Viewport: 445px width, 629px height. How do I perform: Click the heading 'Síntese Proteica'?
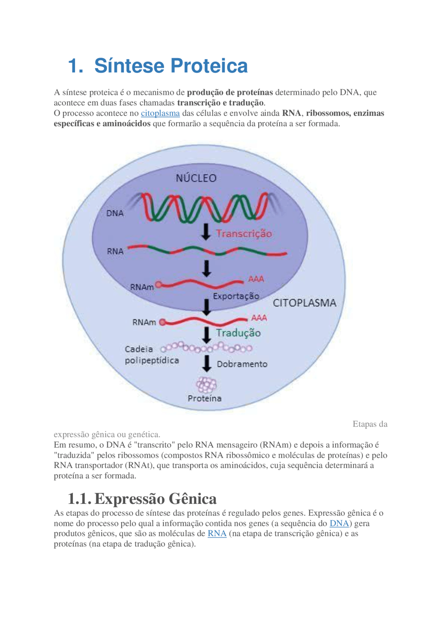click(x=171, y=66)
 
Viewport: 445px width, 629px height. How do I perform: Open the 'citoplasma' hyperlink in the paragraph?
click(x=160, y=113)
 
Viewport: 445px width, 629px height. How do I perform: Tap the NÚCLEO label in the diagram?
click(x=196, y=178)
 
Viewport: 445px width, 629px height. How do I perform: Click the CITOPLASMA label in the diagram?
click(x=305, y=303)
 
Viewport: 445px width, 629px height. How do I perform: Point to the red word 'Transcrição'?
click(x=244, y=233)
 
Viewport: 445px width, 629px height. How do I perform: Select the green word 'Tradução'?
click(x=238, y=333)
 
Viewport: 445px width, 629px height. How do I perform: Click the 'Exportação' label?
click(x=236, y=296)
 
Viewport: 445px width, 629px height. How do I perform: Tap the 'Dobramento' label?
click(x=242, y=364)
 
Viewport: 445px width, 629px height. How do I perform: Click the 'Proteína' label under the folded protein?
click(x=204, y=398)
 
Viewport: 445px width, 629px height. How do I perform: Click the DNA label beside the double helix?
click(x=115, y=213)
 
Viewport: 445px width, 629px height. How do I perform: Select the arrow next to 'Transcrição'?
click(x=206, y=232)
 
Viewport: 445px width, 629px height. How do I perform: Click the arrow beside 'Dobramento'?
click(x=207, y=363)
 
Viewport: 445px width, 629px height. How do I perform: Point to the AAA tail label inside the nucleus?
click(x=256, y=279)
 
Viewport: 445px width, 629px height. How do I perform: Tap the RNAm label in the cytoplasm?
click(x=144, y=322)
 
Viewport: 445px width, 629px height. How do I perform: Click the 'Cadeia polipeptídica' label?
click(x=152, y=355)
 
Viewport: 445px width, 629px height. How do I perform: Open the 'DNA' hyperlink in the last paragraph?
click(x=339, y=523)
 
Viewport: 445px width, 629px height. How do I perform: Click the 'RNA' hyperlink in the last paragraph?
click(x=217, y=533)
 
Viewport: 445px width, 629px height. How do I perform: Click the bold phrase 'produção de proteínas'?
click(x=230, y=92)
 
